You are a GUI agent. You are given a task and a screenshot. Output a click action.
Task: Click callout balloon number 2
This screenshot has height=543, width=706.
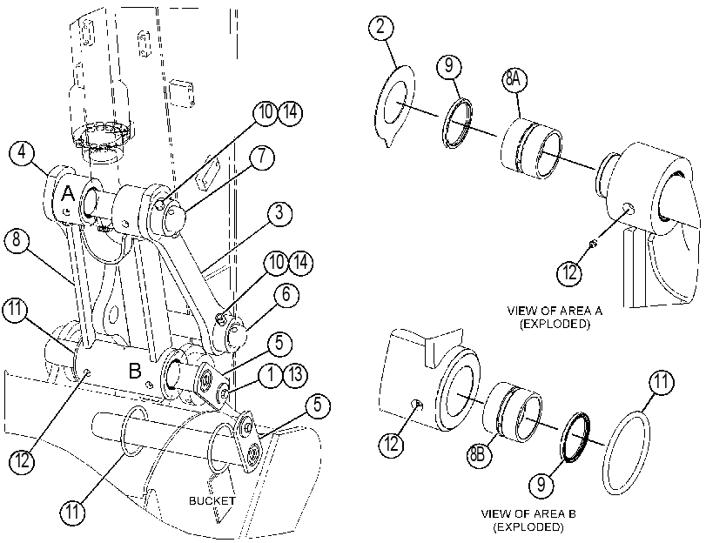coord(381,27)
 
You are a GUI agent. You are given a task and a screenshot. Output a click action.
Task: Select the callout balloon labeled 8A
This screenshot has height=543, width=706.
coord(514,80)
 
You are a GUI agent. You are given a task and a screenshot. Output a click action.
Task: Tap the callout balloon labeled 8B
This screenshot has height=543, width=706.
coord(479,454)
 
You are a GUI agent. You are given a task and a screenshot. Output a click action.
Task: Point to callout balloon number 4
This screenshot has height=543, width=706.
coord(22,152)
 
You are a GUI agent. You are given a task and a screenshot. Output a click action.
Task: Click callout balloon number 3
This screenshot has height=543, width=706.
coord(279,212)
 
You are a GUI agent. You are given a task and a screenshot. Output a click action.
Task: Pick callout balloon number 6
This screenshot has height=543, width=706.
coord(286,295)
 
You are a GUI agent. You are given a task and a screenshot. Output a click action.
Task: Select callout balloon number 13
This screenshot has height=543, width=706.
coord(295,374)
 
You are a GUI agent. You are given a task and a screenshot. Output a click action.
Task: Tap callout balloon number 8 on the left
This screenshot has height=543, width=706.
coord(17,239)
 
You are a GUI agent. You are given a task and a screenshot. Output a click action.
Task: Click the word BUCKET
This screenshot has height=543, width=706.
coord(212,500)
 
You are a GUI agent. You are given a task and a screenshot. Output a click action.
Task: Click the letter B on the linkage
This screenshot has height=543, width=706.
coord(135,372)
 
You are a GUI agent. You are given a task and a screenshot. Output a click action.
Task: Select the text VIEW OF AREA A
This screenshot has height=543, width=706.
coord(555,311)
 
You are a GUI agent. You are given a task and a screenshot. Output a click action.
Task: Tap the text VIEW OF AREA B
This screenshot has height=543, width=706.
coord(528,513)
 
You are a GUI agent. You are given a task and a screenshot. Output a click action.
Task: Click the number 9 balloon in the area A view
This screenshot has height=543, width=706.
coord(449,66)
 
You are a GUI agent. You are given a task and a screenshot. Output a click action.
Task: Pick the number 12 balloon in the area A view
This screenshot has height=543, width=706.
coord(569,273)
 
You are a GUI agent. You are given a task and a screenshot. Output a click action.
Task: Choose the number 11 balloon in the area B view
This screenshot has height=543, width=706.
coord(662,383)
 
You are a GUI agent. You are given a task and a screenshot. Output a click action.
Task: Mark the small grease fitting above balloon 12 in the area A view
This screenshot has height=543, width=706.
coord(593,244)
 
